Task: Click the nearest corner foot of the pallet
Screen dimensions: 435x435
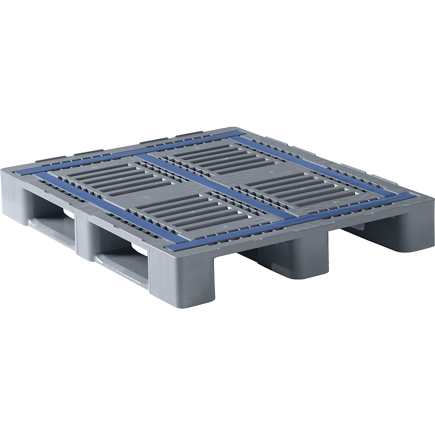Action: [x=181, y=279]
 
